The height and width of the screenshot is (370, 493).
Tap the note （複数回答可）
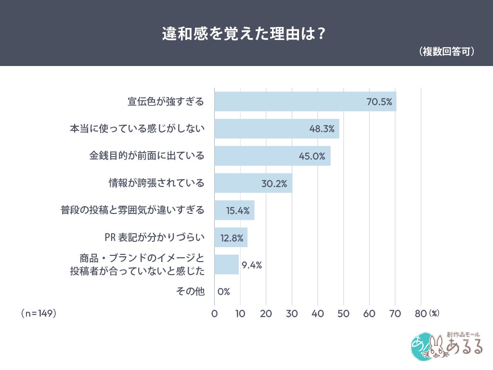pos(447,52)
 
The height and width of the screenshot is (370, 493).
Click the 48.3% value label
pos(323,129)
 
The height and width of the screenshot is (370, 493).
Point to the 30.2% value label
pos(274,184)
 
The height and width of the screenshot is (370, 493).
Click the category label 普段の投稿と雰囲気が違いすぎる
pos(132,211)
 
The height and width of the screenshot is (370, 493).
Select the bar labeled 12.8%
pos(231,238)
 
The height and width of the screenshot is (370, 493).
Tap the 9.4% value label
pos(251,264)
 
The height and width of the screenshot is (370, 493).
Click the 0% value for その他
pos(223,291)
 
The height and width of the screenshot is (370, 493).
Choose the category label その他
pos(192,291)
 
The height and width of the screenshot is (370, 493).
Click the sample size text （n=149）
pos(39,314)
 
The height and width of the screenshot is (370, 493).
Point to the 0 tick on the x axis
pos(214,314)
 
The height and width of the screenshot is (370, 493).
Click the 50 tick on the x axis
pos(343,314)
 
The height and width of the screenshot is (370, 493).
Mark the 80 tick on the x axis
pos(421,314)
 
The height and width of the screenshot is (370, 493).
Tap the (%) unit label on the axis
pos(434,314)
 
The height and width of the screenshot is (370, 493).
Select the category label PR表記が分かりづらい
pos(155,238)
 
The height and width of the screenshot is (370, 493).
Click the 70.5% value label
pos(379,102)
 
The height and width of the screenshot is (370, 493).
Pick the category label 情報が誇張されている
pos(156,184)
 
